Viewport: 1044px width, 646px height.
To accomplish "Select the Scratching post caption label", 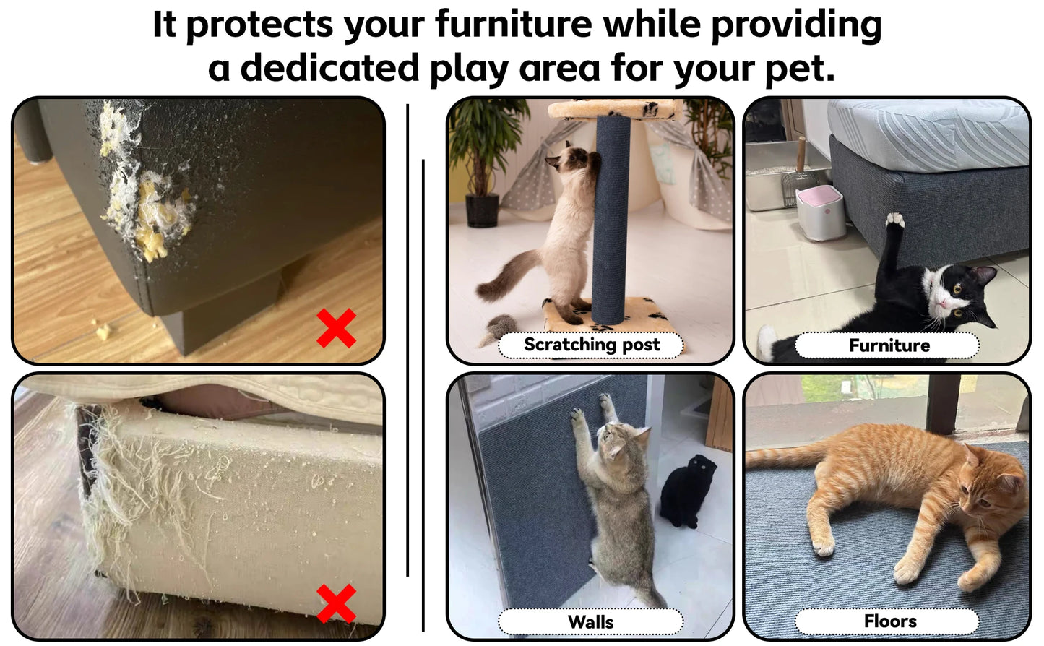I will point(591,345).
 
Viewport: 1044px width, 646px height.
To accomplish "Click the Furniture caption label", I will point(888,345).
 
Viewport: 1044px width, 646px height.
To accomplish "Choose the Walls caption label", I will point(590,621).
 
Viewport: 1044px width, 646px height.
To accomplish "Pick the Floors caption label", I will point(889,621).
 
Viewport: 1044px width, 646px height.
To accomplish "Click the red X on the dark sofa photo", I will point(336,328).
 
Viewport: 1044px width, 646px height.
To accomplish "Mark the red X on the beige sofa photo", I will point(336,603).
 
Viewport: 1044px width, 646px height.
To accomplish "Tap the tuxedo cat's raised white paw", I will point(895,220).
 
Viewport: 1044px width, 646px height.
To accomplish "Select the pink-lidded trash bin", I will point(821,212).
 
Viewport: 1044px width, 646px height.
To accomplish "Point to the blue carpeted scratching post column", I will point(611,217).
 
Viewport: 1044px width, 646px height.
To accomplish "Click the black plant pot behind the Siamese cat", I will point(481,210).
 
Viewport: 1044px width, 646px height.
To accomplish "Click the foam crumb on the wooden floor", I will point(103,330).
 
